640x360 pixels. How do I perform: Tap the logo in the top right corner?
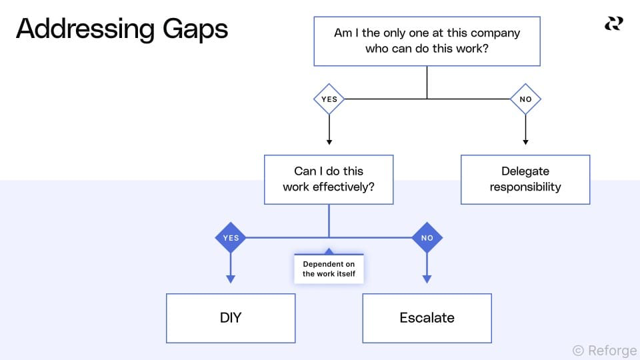[613, 24]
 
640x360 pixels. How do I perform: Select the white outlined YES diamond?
[329, 99]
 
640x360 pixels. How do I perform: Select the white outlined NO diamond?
[525, 99]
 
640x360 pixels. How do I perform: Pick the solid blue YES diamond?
[230, 237]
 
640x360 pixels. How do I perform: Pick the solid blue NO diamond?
[427, 237]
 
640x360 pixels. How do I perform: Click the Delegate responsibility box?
[525, 179]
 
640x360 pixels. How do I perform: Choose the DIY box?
[230, 318]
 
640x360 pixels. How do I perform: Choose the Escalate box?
[427, 318]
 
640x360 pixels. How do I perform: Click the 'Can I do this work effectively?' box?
[329, 179]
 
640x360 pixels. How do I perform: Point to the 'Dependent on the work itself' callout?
[329, 269]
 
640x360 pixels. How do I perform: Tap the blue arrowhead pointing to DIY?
[230, 279]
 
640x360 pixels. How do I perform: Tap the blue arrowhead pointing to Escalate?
[427, 279]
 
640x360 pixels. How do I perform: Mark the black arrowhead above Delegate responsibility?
[525, 141]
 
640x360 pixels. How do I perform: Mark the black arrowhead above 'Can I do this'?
[329, 141]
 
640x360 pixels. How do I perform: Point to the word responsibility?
[525, 187]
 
